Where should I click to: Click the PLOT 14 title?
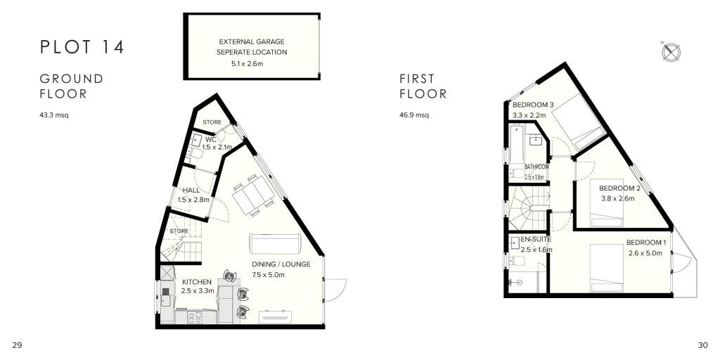(82, 48)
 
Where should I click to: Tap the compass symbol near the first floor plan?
(670, 51)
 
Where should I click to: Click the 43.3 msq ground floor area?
(54, 115)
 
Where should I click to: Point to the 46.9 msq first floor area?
(414, 115)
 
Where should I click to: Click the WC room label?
(210, 139)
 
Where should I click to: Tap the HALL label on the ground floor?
(191, 191)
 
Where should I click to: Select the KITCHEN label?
(195, 282)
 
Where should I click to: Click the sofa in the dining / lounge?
(275, 243)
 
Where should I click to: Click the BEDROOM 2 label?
(619, 188)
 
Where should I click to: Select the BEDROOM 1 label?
(645, 244)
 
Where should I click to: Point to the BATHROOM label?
(536, 167)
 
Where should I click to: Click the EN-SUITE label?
(536, 240)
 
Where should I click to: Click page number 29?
(18, 345)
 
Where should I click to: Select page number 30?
(702, 345)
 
